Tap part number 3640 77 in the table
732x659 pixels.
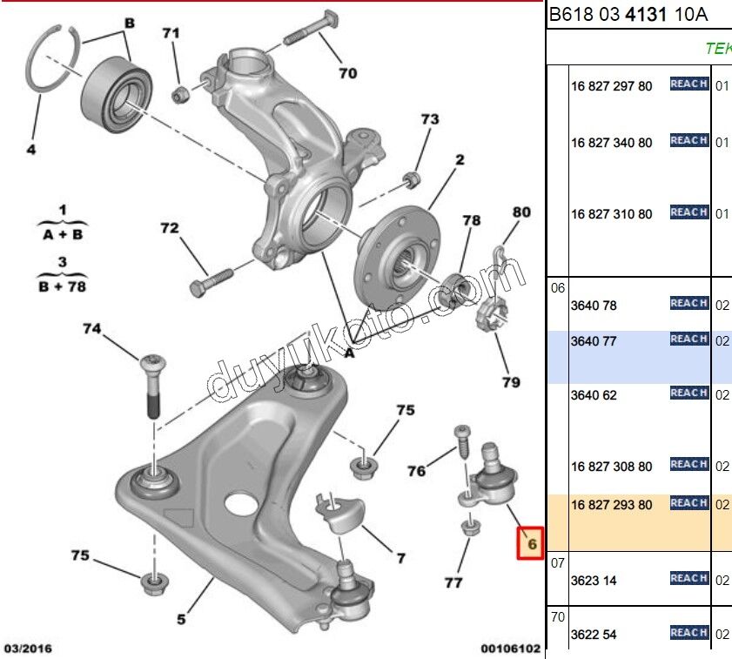tap(594, 341)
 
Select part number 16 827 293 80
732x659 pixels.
tap(611, 505)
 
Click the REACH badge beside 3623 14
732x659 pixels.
tap(688, 578)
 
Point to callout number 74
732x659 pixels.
tap(92, 329)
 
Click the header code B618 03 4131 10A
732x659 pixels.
tap(628, 15)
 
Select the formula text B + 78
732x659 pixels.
tap(62, 286)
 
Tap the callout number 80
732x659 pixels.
tap(520, 212)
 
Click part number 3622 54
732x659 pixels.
tap(594, 635)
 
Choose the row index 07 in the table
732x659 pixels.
tap(558, 563)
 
